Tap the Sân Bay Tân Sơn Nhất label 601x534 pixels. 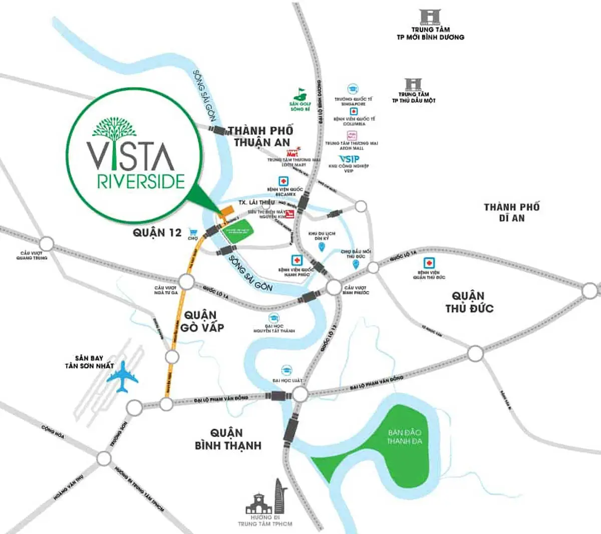[89, 362]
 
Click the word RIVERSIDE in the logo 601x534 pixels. [141, 181]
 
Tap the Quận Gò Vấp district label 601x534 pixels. [202, 321]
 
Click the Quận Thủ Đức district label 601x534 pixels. [469, 302]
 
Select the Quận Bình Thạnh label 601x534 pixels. [228, 439]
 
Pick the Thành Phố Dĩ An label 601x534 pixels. [511, 212]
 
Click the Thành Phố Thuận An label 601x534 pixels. [261, 136]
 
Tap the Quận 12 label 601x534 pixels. [157, 232]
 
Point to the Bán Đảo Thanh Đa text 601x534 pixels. [404, 436]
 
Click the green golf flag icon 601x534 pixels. [300, 93]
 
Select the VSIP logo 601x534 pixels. [349, 159]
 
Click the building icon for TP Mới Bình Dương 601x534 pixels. [430, 17]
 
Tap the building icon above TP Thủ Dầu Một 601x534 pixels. [413, 84]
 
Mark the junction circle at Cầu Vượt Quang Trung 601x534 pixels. [46, 244]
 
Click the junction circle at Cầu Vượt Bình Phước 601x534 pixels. [334, 288]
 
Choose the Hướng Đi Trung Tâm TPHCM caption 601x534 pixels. [265, 520]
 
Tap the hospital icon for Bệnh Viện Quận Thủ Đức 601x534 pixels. [428, 263]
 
